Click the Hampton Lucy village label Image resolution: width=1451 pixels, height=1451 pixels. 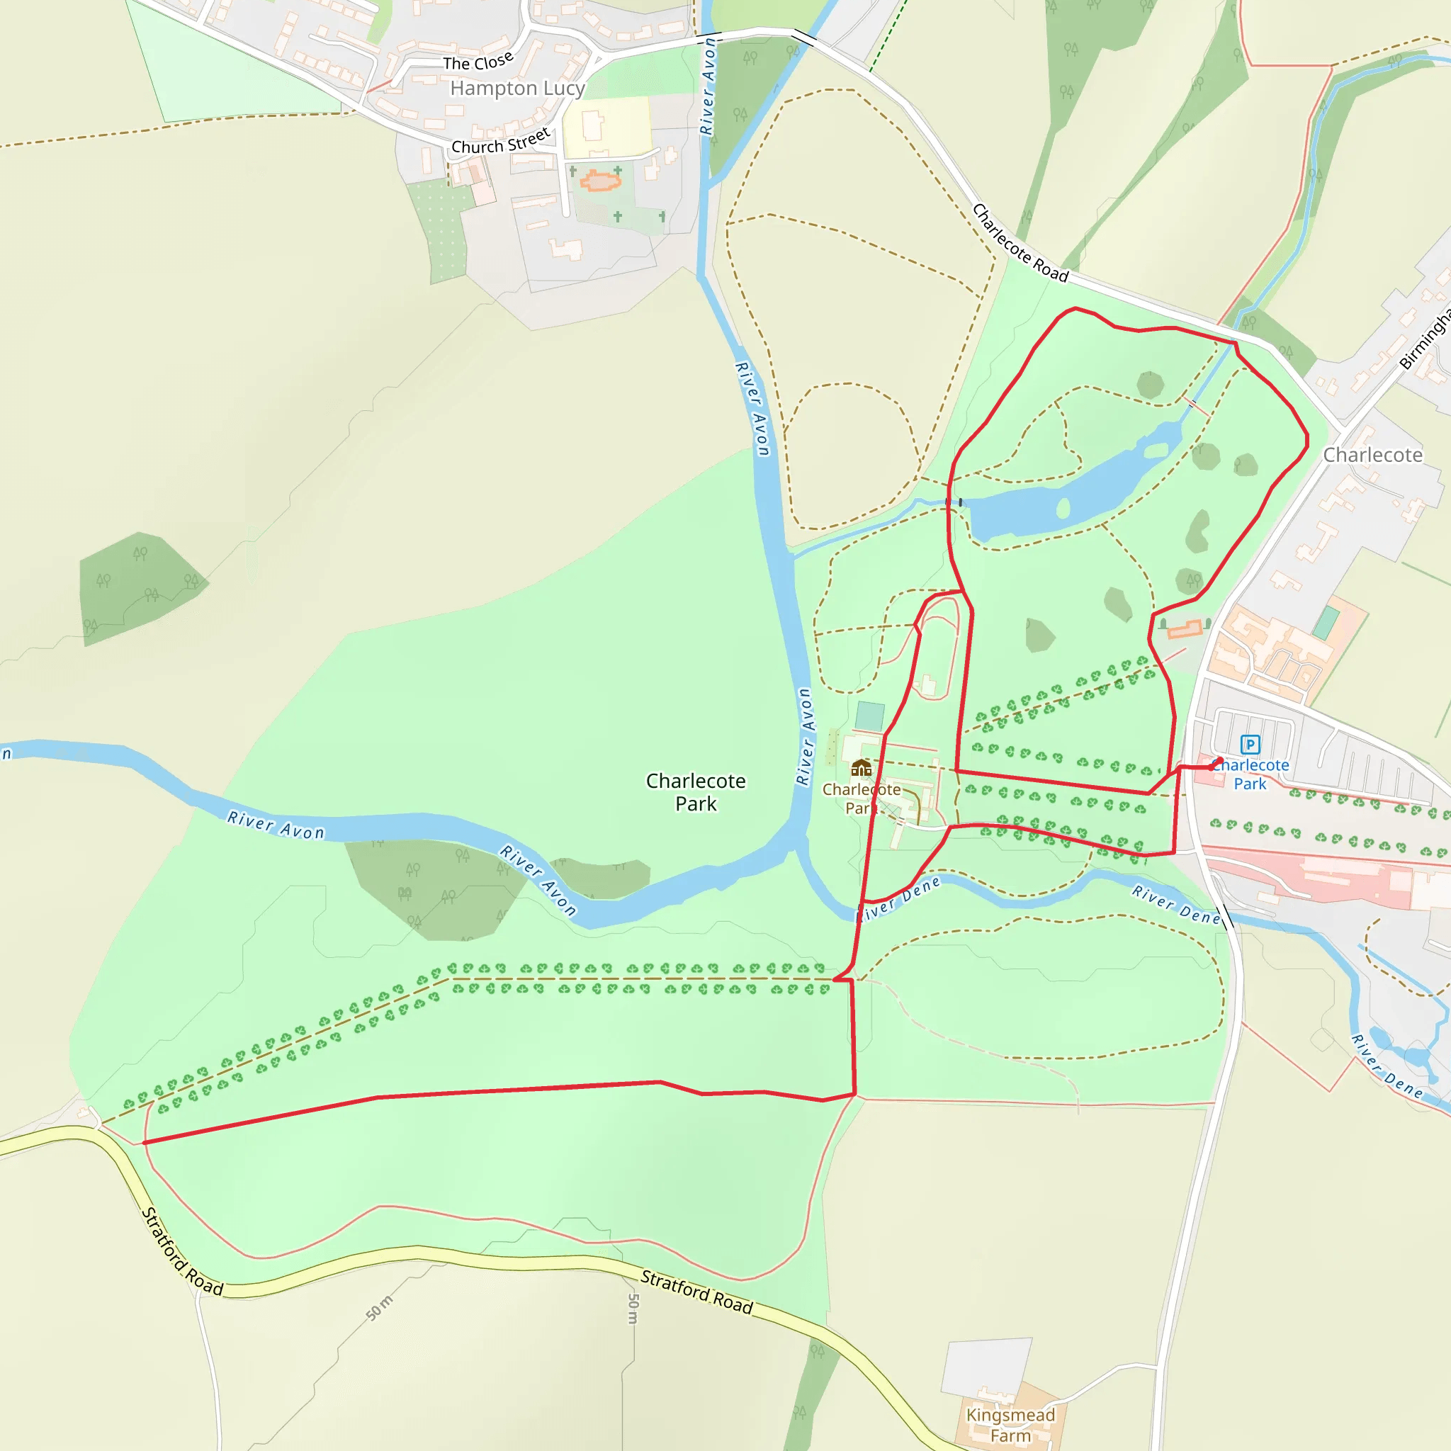point(516,89)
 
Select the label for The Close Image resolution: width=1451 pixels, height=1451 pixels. point(478,61)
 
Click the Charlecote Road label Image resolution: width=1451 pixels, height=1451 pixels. point(1020,243)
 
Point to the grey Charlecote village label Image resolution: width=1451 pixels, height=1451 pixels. point(1372,455)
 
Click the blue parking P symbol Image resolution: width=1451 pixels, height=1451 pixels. point(1250,745)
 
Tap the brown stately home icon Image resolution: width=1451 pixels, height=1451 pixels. point(862,767)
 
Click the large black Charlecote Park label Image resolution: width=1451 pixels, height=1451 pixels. point(696,792)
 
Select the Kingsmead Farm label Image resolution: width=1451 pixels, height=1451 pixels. point(1010,1425)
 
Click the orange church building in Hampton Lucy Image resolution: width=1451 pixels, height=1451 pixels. point(599,181)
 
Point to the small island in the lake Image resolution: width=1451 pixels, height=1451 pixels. point(1063,509)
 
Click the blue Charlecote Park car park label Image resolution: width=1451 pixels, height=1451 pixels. point(1250,774)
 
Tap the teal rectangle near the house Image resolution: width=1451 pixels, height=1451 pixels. point(870,716)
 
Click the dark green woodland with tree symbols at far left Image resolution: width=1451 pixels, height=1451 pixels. point(139,586)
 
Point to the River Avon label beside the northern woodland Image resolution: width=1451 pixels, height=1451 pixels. point(708,86)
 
